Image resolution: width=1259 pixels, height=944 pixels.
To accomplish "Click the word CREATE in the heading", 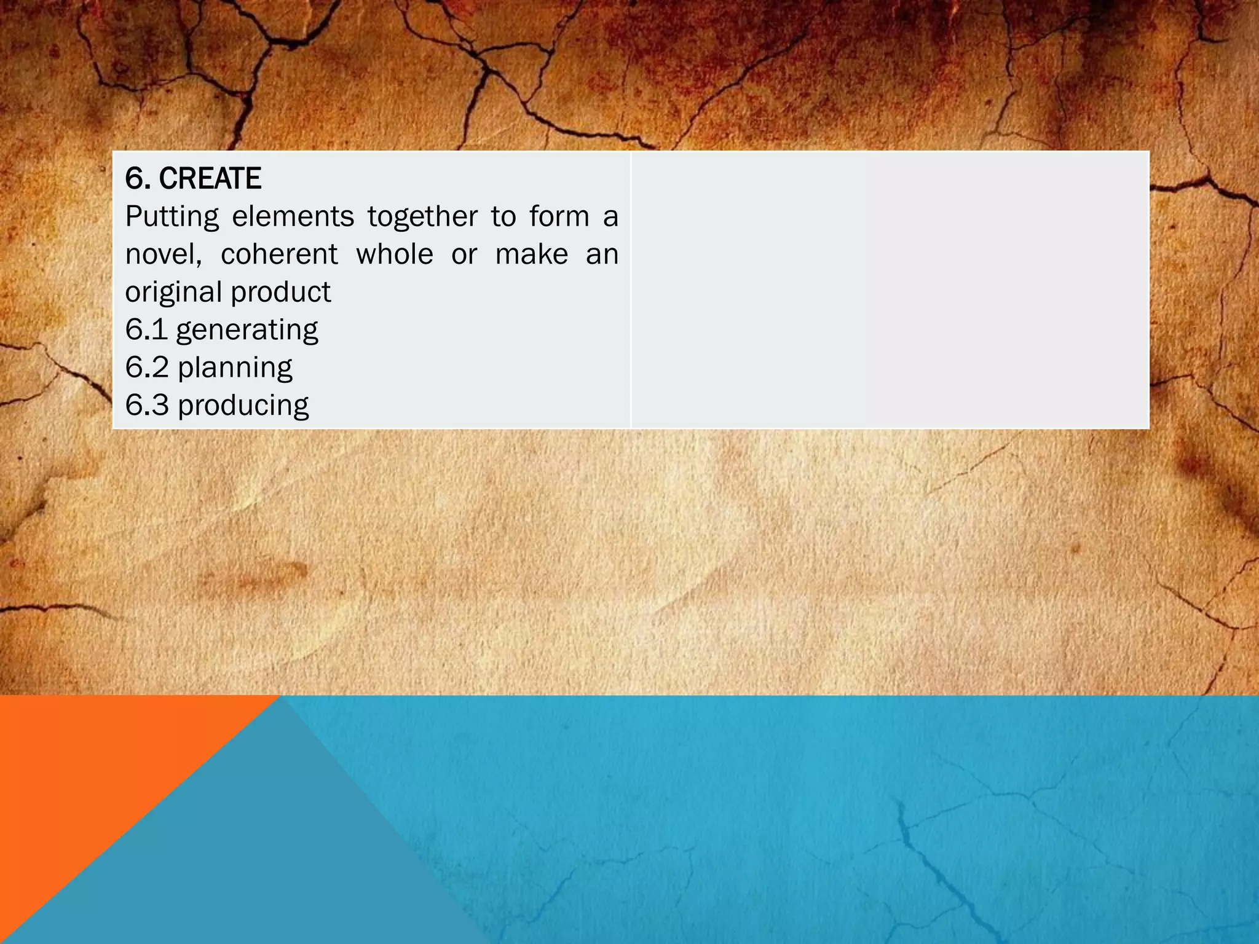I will click(x=210, y=179).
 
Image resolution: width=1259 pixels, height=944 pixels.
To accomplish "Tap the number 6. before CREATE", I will click(x=138, y=179).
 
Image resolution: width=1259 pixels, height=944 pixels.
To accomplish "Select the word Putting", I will click(x=172, y=217).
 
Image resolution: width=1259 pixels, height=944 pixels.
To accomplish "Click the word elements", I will click(x=293, y=217).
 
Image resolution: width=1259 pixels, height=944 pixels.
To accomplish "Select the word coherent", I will click(x=279, y=254).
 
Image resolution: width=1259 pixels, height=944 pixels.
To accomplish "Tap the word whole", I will click(x=395, y=254).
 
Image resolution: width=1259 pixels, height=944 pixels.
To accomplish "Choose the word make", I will click(x=532, y=254).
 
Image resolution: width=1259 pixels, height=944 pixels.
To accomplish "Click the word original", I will click(x=173, y=293).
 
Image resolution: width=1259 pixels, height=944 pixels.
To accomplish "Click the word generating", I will click(x=247, y=331).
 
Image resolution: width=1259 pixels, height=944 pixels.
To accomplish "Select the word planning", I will click(x=235, y=368).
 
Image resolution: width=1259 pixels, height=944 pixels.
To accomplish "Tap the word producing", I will click(x=243, y=406).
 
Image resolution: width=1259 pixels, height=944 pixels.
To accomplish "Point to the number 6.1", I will click(x=146, y=330).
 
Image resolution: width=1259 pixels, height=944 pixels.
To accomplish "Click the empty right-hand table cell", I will click(x=890, y=289).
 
